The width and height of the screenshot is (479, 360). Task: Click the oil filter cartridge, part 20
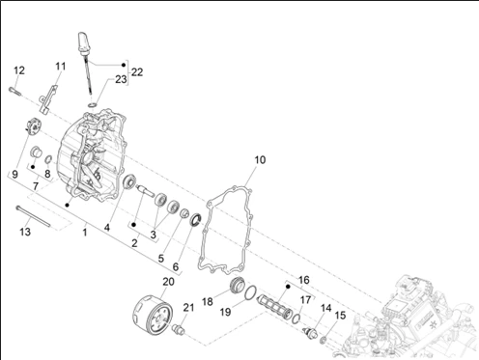153,313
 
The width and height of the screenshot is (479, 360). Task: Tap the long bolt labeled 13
33,216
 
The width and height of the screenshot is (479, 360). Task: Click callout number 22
137,72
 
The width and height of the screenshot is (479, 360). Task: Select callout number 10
260,159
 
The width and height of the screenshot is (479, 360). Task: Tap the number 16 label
304,280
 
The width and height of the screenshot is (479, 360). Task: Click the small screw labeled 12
14,91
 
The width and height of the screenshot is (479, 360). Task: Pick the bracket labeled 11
48,98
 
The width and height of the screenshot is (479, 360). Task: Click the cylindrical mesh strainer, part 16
274,307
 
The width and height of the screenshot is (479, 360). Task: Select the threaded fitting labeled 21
179,330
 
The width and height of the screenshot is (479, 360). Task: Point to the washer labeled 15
324,340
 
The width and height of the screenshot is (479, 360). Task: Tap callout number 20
168,282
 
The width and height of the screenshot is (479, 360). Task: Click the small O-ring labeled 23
93,105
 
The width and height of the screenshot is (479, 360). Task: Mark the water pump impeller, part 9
34,126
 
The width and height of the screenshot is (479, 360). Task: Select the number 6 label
176,266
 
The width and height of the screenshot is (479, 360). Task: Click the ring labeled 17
296,318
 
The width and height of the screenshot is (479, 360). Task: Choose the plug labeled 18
238,285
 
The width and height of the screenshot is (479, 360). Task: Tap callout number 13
25,232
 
